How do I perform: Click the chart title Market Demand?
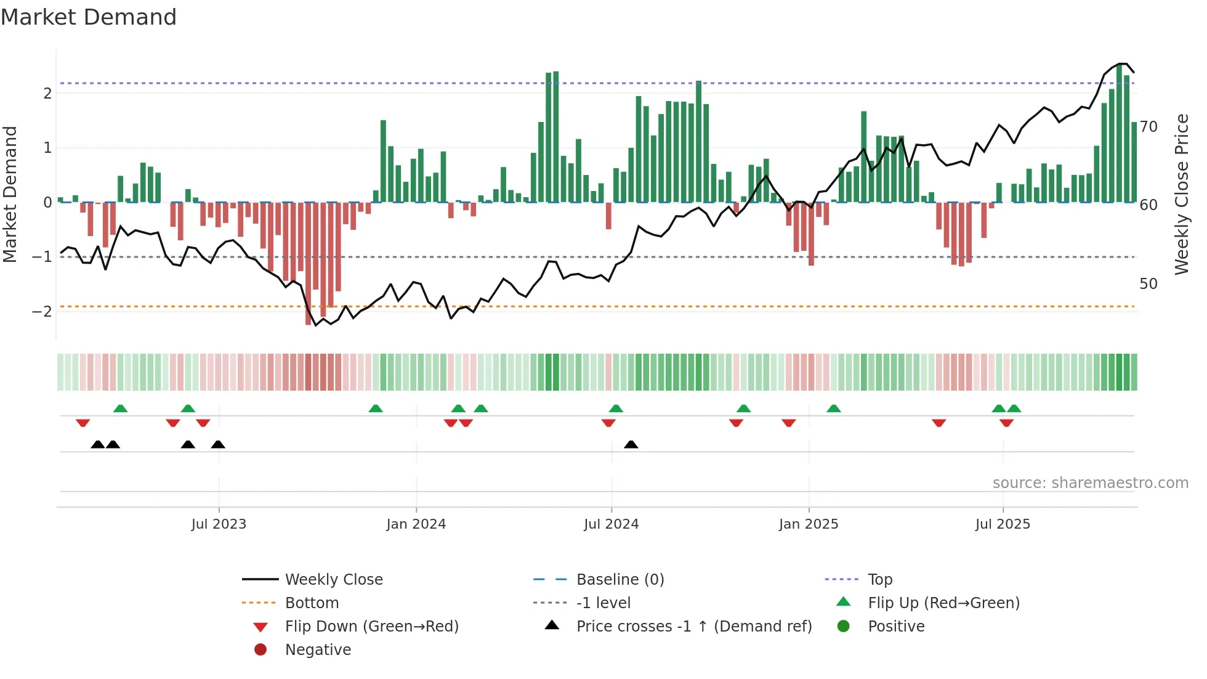click(x=89, y=17)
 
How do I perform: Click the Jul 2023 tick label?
click(x=219, y=524)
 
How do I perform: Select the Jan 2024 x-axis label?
click(x=416, y=524)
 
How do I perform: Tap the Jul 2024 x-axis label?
click(x=611, y=524)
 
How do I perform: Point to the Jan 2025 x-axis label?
click(x=808, y=524)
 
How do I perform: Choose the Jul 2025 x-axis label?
click(x=1003, y=524)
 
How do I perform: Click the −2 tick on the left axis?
click(x=42, y=311)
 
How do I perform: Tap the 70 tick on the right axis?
click(x=1148, y=127)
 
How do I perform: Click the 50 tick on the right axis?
click(x=1148, y=284)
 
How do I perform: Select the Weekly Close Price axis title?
click(x=1181, y=194)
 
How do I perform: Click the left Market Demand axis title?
click(x=10, y=194)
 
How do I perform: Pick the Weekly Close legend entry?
click(x=333, y=580)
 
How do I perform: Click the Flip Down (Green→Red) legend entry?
click(x=371, y=627)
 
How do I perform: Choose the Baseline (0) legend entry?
click(x=620, y=580)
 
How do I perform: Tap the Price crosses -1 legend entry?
click(x=693, y=627)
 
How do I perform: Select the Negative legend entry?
click(x=318, y=650)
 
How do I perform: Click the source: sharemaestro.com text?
click(x=1090, y=483)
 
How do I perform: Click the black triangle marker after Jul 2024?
click(x=631, y=444)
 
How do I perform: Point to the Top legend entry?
click(x=879, y=580)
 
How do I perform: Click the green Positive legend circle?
click(x=844, y=627)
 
